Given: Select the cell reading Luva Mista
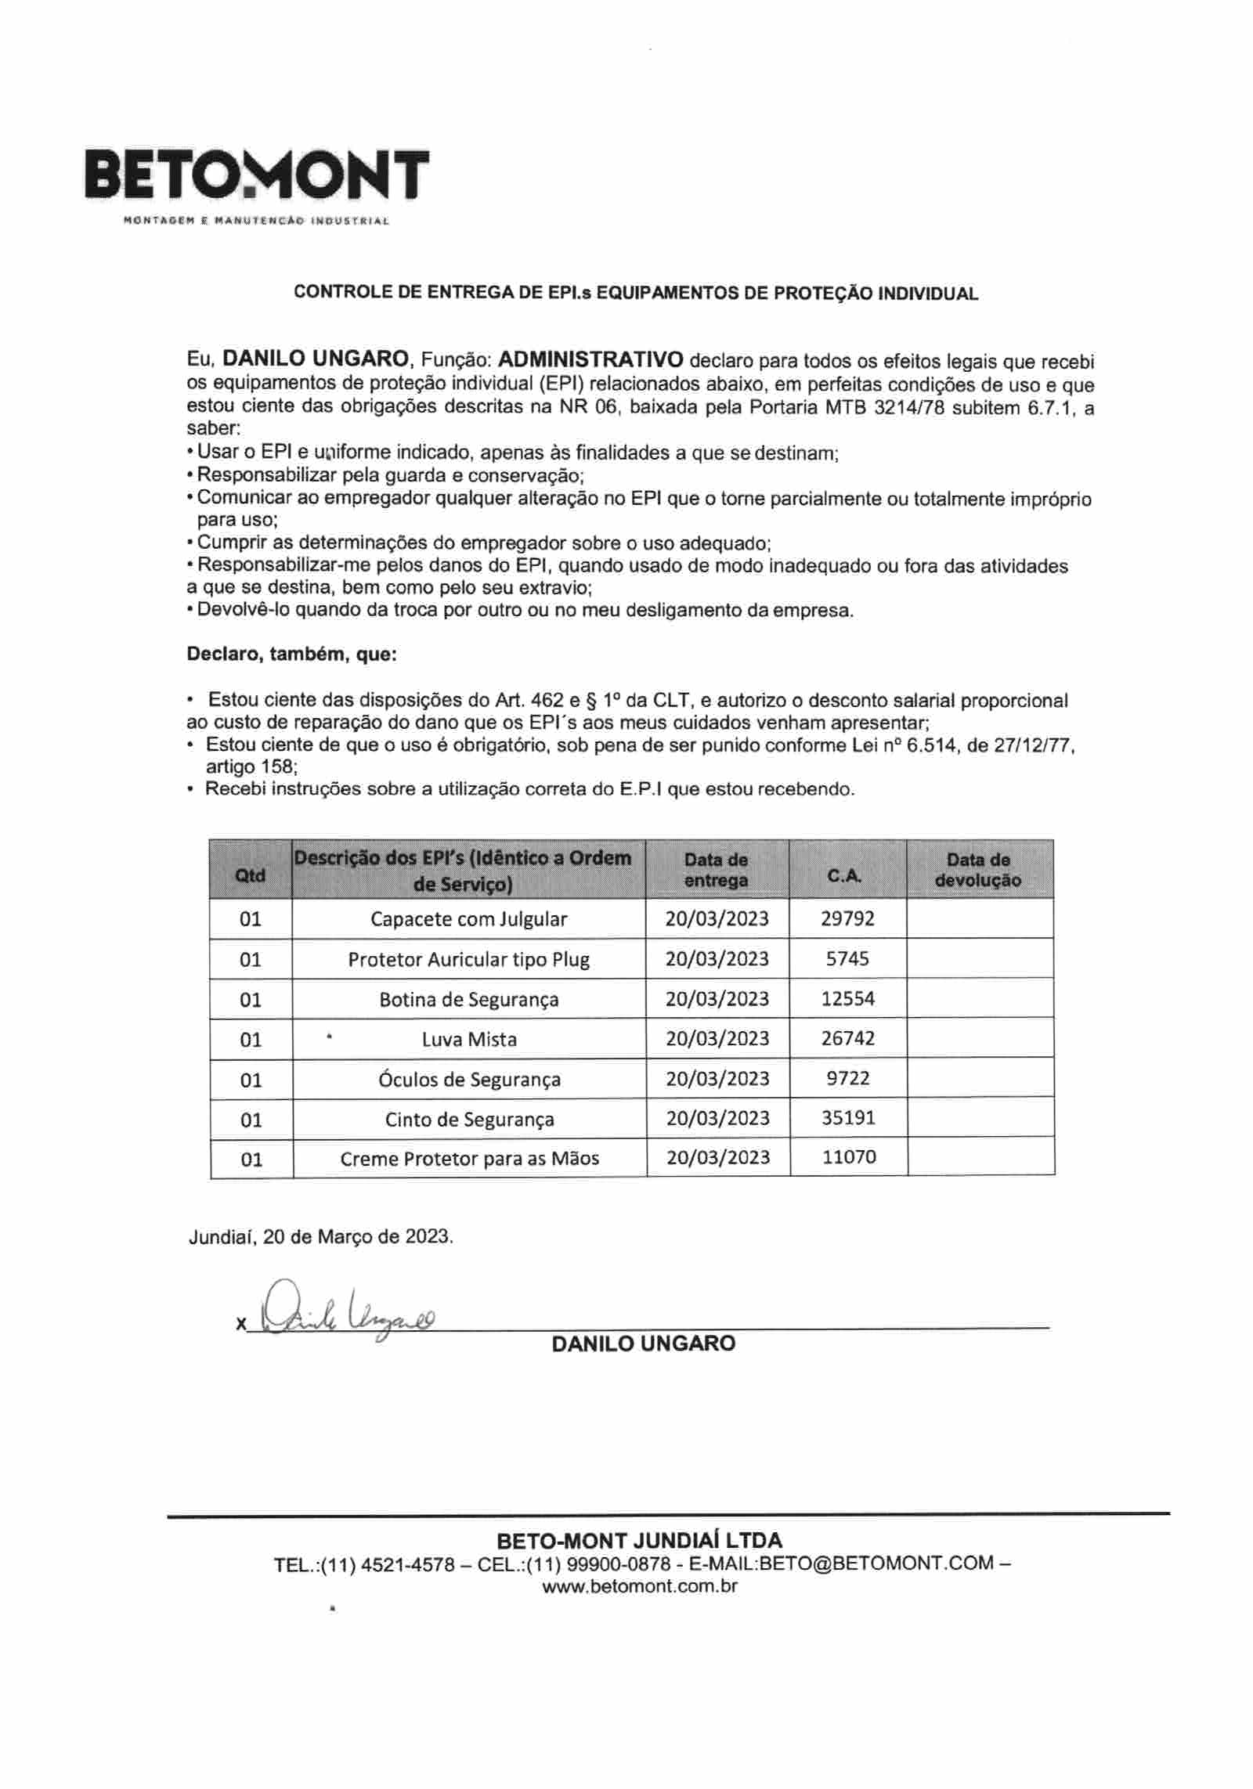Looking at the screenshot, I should (469, 1039).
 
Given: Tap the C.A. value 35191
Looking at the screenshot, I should (848, 1118).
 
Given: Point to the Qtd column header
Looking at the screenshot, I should (251, 875).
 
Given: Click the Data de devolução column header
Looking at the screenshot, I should (978, 870).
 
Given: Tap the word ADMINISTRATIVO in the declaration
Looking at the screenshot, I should (590, 359).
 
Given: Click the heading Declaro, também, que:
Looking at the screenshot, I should (291, 654).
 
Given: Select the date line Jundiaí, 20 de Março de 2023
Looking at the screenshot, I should (320, 1237).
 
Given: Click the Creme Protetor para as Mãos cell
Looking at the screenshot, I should (469, 1158).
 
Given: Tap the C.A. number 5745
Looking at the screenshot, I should (847, 958).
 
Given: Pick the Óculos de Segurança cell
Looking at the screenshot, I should (469, 1079).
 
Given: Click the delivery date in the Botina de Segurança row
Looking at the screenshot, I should (717, 998).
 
